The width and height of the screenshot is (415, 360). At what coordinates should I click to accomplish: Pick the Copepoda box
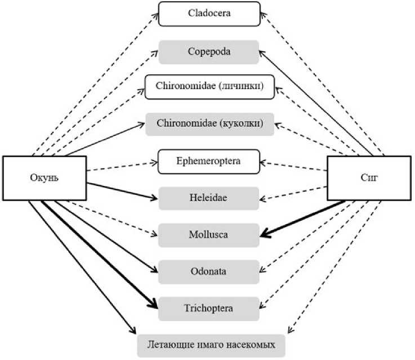click(209, 51)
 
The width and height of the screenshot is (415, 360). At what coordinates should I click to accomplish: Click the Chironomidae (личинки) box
click(209, 87)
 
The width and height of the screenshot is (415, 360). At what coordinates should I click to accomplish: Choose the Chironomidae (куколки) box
click(209, 124)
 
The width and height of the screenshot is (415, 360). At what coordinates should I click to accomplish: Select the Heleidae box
click(208, 198)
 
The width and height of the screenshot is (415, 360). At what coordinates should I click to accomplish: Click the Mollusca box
click(208, 234)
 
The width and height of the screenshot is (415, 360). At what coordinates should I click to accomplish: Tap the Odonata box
click(208, 272)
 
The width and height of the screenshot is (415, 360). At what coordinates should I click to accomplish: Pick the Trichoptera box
click(208, 308)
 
